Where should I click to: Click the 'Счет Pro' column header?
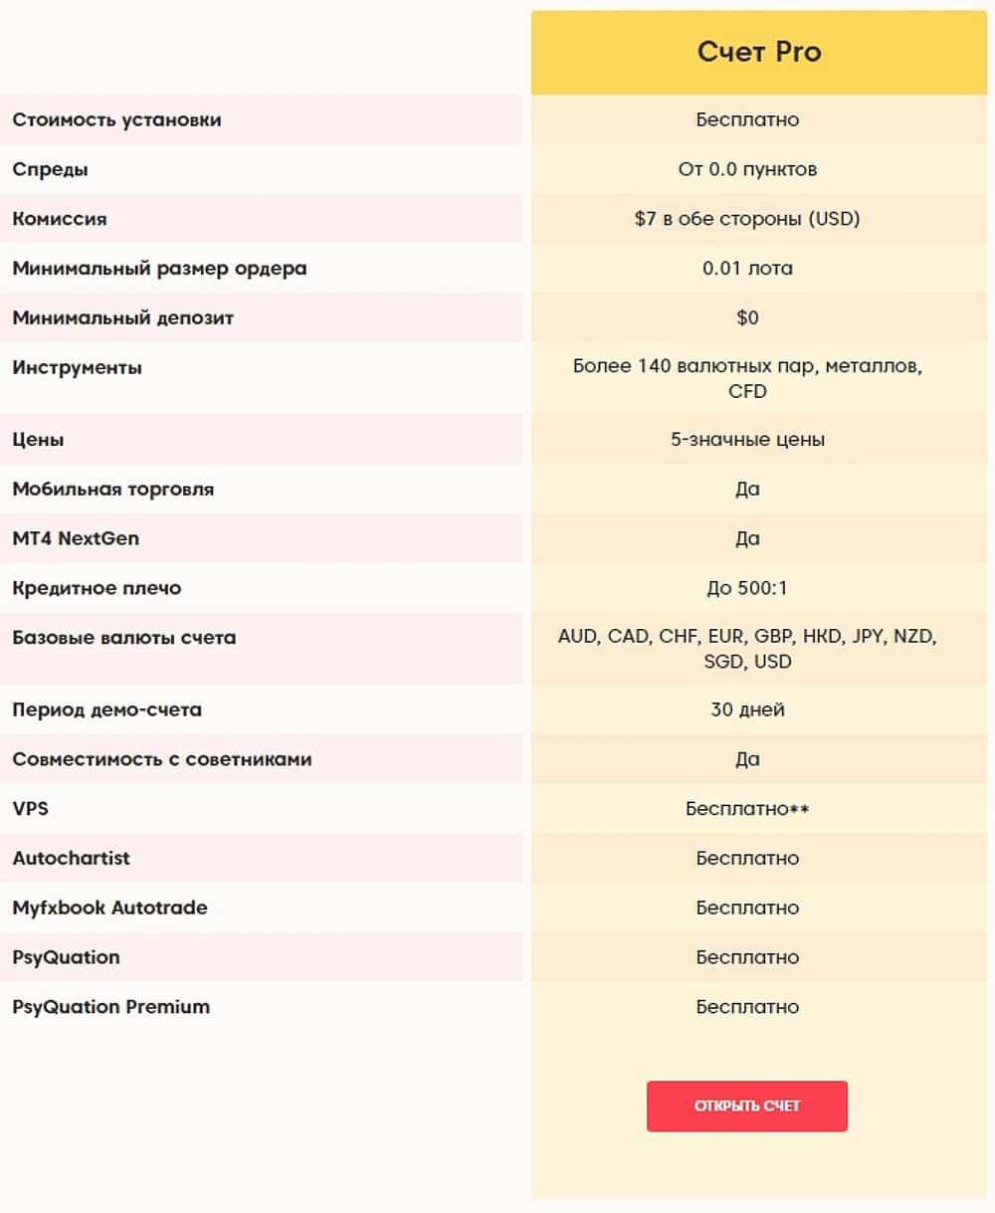759,52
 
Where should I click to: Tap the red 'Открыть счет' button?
747,1106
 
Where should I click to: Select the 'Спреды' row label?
51,169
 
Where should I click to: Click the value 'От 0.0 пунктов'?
747,169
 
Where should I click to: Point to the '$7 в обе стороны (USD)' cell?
747,219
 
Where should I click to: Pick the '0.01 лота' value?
747,269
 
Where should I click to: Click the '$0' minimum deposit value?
747,318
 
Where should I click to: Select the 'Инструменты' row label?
78,368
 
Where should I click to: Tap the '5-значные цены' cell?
747,440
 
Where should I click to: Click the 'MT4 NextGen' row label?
76,538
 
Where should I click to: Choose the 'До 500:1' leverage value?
747,588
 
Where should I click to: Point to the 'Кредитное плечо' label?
98,588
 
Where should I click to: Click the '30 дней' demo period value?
747,709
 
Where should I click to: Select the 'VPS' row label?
31,808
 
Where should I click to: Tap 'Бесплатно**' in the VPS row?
747,809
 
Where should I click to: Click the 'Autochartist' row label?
72,858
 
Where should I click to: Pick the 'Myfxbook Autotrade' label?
110,908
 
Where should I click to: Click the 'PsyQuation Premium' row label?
111,1007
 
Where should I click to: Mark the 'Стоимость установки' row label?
117,119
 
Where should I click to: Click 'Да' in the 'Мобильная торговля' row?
747,490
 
